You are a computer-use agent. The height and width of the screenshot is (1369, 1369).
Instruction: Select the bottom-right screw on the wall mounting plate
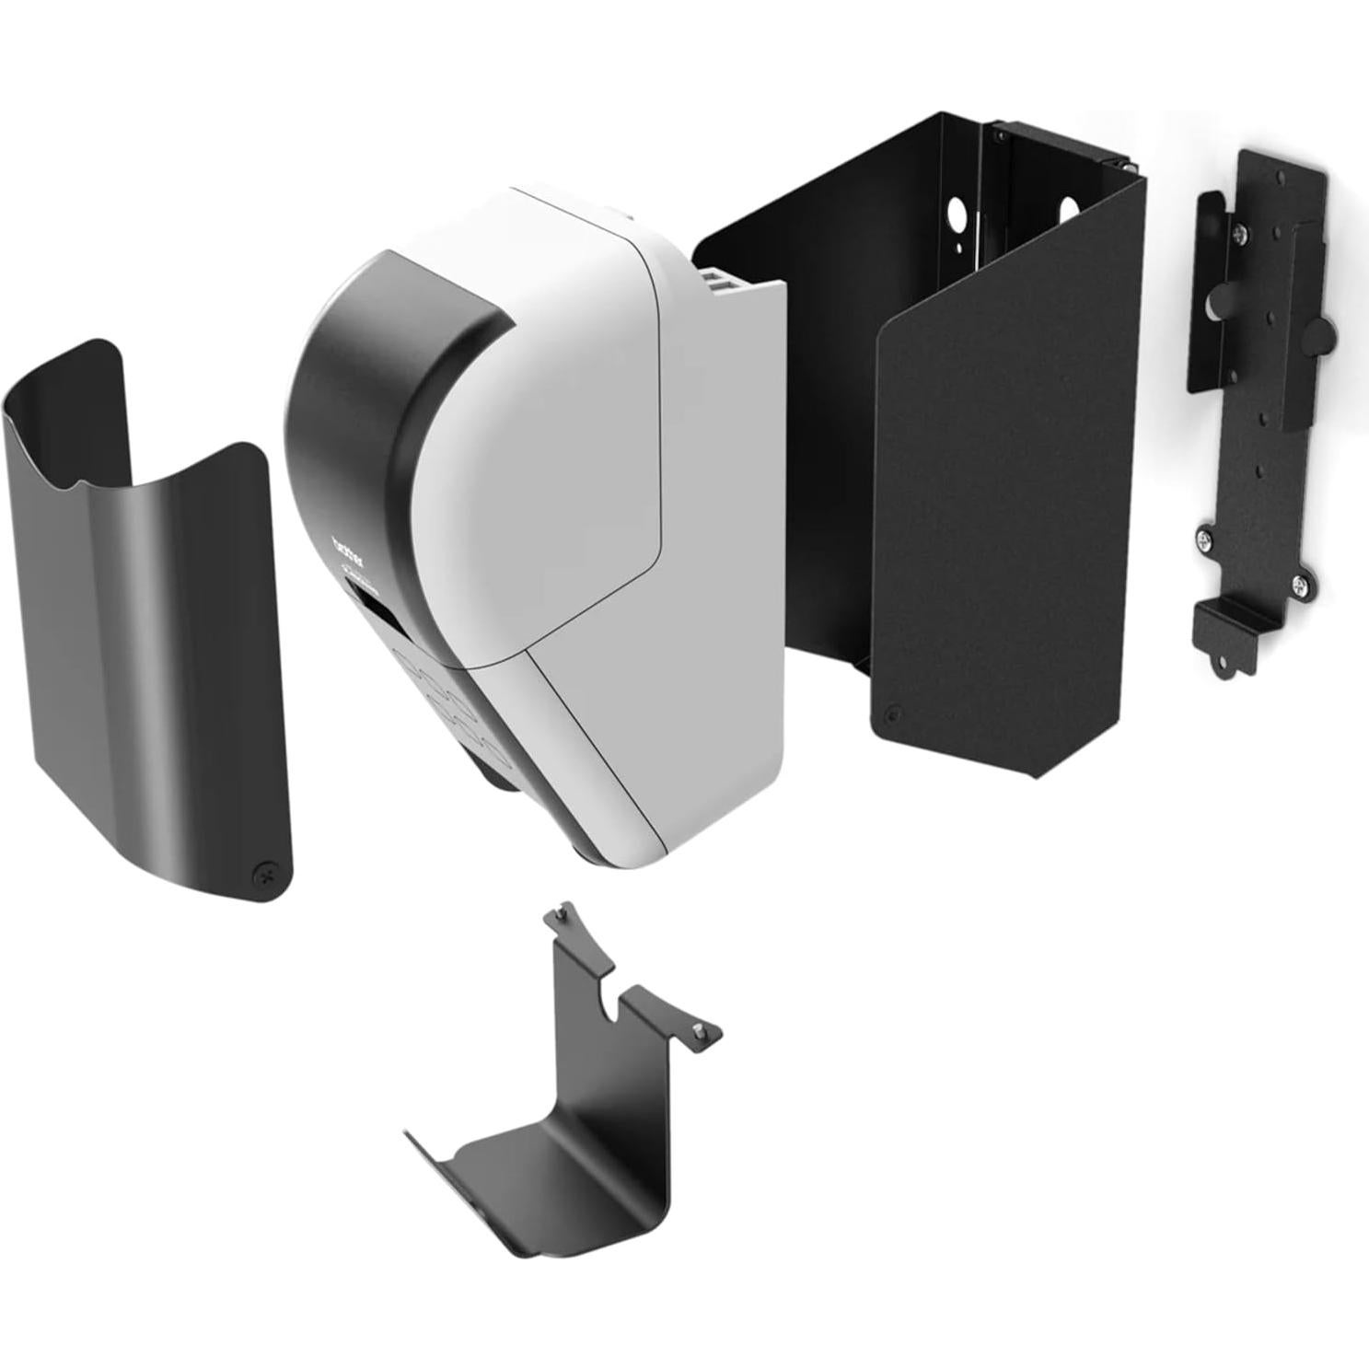(x=1299, y=583)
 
